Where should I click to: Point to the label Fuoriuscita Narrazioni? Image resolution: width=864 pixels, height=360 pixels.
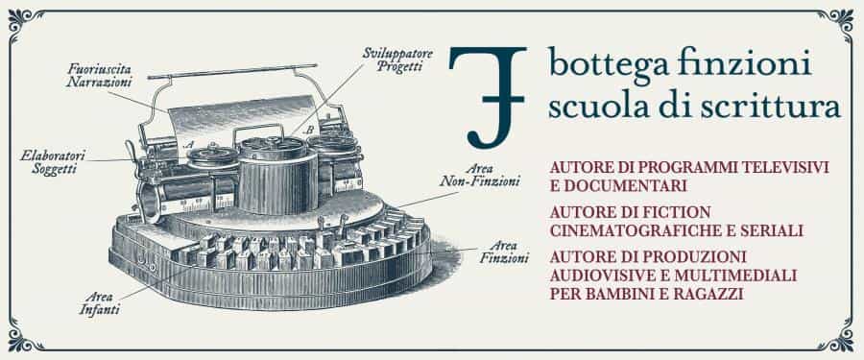(100, 76)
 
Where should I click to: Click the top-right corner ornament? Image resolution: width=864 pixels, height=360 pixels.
(842, 19)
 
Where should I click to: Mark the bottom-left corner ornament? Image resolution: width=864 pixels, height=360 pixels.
(20, 340)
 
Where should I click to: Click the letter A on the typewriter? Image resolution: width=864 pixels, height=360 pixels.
(189, 145)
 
